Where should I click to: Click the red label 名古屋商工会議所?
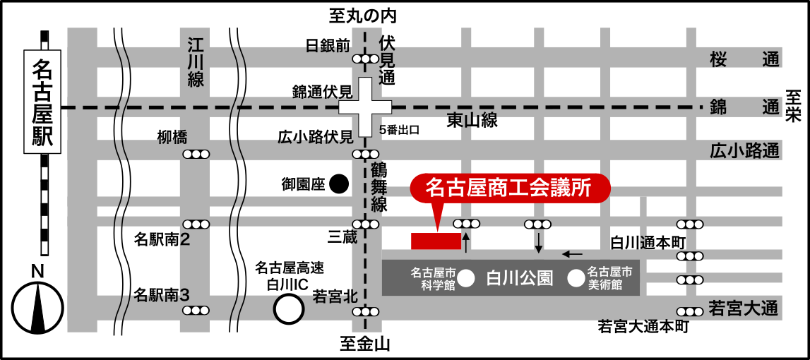(x=508, y=187)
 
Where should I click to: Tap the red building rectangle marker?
(x=436, y=241)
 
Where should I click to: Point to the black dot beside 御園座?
(x=340, y=184)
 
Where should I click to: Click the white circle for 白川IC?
(x=288, y=308)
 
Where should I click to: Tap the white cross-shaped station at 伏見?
(x=365, y=107)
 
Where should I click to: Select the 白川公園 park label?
(x=519, y=278)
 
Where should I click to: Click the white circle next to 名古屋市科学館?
(x=466, y=280)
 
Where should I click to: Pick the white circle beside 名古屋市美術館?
(x=576, y=279)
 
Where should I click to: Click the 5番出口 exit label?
(x=400, y=130)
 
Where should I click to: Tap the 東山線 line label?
(x=472, y=121)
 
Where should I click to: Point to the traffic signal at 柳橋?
(x=196, y=154)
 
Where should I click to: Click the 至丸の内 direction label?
(x=364, y=15)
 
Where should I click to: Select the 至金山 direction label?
(x=365, y=344)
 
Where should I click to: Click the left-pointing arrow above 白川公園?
(x=572, y=254)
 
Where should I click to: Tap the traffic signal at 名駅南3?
(x=196, y=310)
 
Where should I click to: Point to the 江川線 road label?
(x=196, y=62)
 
